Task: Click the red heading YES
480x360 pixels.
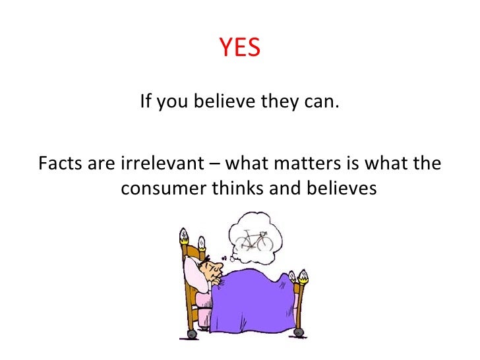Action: [x=240, y=47]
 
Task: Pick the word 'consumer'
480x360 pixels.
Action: [x=164, y=189]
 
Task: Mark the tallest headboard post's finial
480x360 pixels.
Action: [x=184, y=235]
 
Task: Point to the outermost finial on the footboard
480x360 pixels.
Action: [x=303, y=274]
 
